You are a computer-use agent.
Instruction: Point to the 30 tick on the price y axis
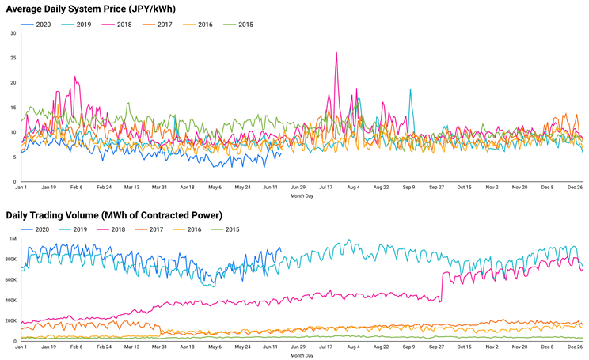coord(13,33)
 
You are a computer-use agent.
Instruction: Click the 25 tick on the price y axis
coord(13,58)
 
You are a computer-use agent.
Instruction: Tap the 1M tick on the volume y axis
coord(12,238)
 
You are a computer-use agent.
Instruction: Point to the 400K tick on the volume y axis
coord(9,300)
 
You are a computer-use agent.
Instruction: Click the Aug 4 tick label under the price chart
coord(353,188)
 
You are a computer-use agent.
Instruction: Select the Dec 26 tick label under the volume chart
coord(573,347)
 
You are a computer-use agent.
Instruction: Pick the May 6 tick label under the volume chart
coord(215,347)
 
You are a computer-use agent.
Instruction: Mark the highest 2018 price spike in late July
coord(336,54)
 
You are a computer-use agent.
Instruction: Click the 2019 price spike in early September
coord(410,89)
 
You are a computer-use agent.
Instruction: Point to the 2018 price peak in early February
coord(75,78)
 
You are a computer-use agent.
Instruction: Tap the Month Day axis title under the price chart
coord(302,195)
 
